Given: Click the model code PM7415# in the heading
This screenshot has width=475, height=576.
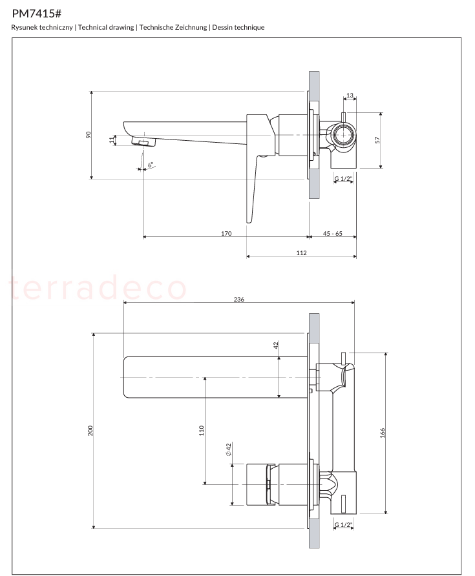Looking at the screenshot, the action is (x=36, y=14).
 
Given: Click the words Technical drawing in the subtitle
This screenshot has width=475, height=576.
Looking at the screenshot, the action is (x=106, y=27).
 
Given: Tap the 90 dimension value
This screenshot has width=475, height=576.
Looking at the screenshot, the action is (x=89, y=135).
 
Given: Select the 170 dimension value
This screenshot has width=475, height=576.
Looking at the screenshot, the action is (x=226, y=233).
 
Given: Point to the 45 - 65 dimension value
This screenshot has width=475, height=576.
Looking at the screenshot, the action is (x=332, y=233).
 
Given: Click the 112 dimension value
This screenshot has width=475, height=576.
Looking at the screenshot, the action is (x=301, y=252).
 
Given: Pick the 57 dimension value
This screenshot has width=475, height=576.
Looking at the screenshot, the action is (x=377, y=140).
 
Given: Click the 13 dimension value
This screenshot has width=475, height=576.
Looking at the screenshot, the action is (x=350, y=95).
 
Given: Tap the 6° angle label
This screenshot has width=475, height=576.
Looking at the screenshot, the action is (x=151, y=165).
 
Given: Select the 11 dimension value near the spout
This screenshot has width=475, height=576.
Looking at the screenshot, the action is (x=112, y=140).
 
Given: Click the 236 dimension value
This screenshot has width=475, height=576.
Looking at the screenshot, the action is (x=239, y=300).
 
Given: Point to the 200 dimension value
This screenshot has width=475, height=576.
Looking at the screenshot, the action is (x=90, y=431).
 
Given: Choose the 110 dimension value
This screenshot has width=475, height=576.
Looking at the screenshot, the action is (x=202, y=431).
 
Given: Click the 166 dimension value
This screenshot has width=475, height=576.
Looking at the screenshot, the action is (x=383, y=433).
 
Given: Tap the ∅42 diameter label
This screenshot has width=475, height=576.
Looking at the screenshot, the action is (x=228, y=449).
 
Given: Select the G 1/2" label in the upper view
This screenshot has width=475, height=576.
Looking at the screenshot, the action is (x=343, y=179).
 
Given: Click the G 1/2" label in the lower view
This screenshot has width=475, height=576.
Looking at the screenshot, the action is (x=343, y=525).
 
